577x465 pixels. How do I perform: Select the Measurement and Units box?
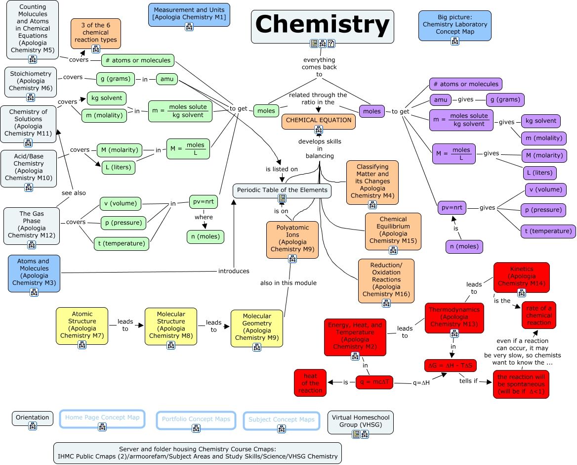click(x=189, y=14)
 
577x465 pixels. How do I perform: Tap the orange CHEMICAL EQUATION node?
click(x=319, y=120)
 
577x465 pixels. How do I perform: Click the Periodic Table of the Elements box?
click(x=282, y=190)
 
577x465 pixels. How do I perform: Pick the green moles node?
click(x=266, y=111)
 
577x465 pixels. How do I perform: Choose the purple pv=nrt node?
click(x=452, y=208)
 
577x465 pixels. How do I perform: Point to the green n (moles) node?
click(x=205, y=236)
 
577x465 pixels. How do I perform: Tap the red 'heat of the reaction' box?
click(x=310, y=383)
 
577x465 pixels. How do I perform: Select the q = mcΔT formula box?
click(x=374, y=382)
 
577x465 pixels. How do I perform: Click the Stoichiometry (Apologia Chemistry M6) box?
click(x=31, y=81)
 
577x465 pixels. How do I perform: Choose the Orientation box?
click(x=33, y=418)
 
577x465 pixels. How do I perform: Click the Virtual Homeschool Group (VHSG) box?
click(x=361, y=421)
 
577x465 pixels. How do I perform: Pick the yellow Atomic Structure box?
click(x=82, y=325)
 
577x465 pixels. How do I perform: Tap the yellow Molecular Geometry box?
click(x=257, y=327)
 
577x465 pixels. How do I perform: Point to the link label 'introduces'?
click(x=234, y=271)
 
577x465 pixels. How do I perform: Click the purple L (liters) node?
click(x=540, y=173)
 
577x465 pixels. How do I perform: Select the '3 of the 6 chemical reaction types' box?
click(x=96, y=33)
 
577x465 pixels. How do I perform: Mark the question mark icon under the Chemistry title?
click(x=331, y=44)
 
